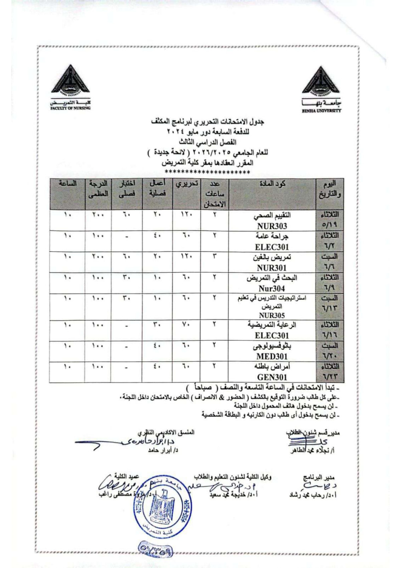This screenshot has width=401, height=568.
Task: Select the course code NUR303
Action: pyautogui.click(x=272, y=226)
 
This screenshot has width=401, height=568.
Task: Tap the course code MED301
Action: pyautogui.click(x=272, y=357)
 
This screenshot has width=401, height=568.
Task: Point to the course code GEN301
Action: pyautogui.click(x=272, y=377)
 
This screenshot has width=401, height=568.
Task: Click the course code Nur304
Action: pyautogui.click(x=272, y=288)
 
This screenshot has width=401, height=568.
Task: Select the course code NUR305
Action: pyautogui.click(x=272, y=315)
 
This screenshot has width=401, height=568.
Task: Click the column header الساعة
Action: pyautogui.click(x=68, y=184)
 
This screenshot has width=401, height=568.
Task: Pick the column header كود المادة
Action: pyautogui.click(x=272, y=184)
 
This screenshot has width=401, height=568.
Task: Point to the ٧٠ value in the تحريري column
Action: pyautogui.click(x=186, y=324)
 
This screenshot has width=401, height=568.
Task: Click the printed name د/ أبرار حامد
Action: pyautogui.click(x=163, y=451)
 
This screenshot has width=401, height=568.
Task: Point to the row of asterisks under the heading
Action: pyautogui.click(x=207, y=172)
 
